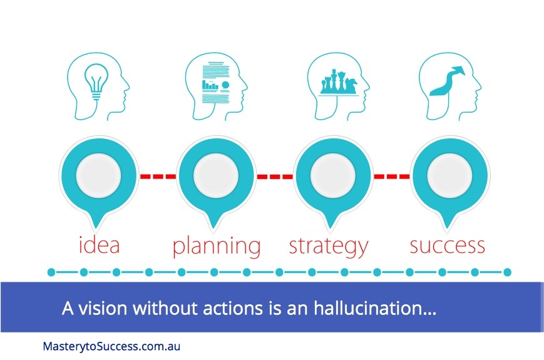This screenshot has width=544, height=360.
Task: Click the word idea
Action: tap(100, 245)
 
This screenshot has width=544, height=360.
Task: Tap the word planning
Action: tap(217, 246)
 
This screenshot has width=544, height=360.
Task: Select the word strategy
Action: tap(329, 246)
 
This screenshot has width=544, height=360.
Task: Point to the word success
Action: tap(447, 245)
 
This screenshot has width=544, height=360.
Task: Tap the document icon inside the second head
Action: tap(215, 82)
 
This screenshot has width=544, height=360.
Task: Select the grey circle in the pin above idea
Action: tap(98, 175)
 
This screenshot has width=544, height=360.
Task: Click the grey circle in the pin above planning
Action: tap(216, 175)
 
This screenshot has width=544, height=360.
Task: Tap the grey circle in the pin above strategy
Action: tap(332, 175)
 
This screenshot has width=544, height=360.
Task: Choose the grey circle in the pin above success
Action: tap(449, 175)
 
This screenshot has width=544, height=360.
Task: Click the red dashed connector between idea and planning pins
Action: tap(158, 177)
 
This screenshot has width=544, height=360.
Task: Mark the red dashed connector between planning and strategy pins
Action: tap(275, 177)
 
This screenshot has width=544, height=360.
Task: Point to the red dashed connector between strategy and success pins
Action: tap(392, 177)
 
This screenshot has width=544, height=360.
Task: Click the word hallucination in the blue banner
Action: tap(375, 307)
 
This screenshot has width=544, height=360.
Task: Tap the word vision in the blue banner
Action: tap(103, 308)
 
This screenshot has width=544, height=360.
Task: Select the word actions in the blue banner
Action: tap(233, 308)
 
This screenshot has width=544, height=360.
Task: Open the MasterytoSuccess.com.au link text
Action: tap(111, 346)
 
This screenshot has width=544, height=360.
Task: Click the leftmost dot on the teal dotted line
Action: tap(51, 272)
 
